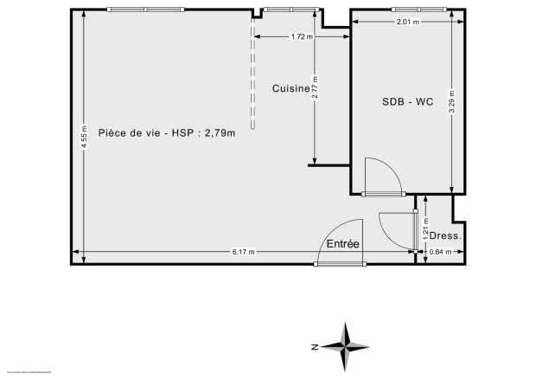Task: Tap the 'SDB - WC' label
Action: click(407, 101)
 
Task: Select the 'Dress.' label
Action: click(445, 235)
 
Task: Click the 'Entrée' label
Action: click(342, 245)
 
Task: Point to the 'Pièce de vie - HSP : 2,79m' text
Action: click(167, 132)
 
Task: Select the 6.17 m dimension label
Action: click(244, 252)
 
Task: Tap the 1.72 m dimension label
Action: click(302, 36)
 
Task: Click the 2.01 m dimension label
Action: click(408, 22)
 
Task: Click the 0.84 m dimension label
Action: click(441, 252)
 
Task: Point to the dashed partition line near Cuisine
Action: click(252, 78)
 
